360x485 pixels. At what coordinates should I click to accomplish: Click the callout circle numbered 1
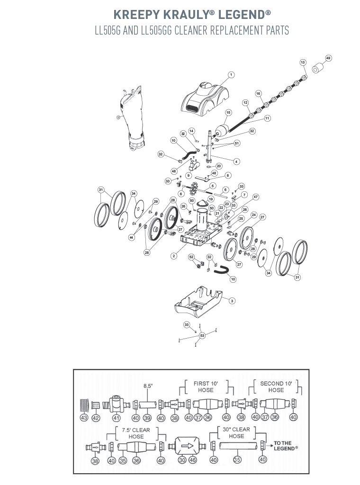tap(231, 75)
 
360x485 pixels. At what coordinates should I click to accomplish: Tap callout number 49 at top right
tap(328, 58)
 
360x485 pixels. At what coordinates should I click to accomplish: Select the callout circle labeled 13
tap(303, 63)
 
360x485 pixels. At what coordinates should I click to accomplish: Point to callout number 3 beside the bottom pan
tap(232, 301)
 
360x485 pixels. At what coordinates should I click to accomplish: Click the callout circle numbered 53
tap(203, 336)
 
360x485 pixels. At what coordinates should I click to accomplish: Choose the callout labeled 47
tap(256, 197)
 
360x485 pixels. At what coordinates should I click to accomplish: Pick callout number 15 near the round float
tap(228, 113)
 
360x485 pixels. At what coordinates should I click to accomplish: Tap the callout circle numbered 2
tap(174, 256)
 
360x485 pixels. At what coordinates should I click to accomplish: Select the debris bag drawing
tap(133, 118)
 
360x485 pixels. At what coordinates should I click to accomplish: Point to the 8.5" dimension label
tap(148, 386)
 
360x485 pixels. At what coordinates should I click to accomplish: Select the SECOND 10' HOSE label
tap(276, 386)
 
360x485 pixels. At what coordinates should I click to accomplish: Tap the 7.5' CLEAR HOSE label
tap(136, 433)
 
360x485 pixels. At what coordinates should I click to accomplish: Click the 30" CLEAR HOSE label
tap(236, 433)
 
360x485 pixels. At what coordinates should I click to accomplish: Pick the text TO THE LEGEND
tap(286, 446)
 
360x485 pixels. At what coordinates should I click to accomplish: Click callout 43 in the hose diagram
tap(84, 417)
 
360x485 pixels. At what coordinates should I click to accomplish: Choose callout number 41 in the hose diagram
tap(116, 417)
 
